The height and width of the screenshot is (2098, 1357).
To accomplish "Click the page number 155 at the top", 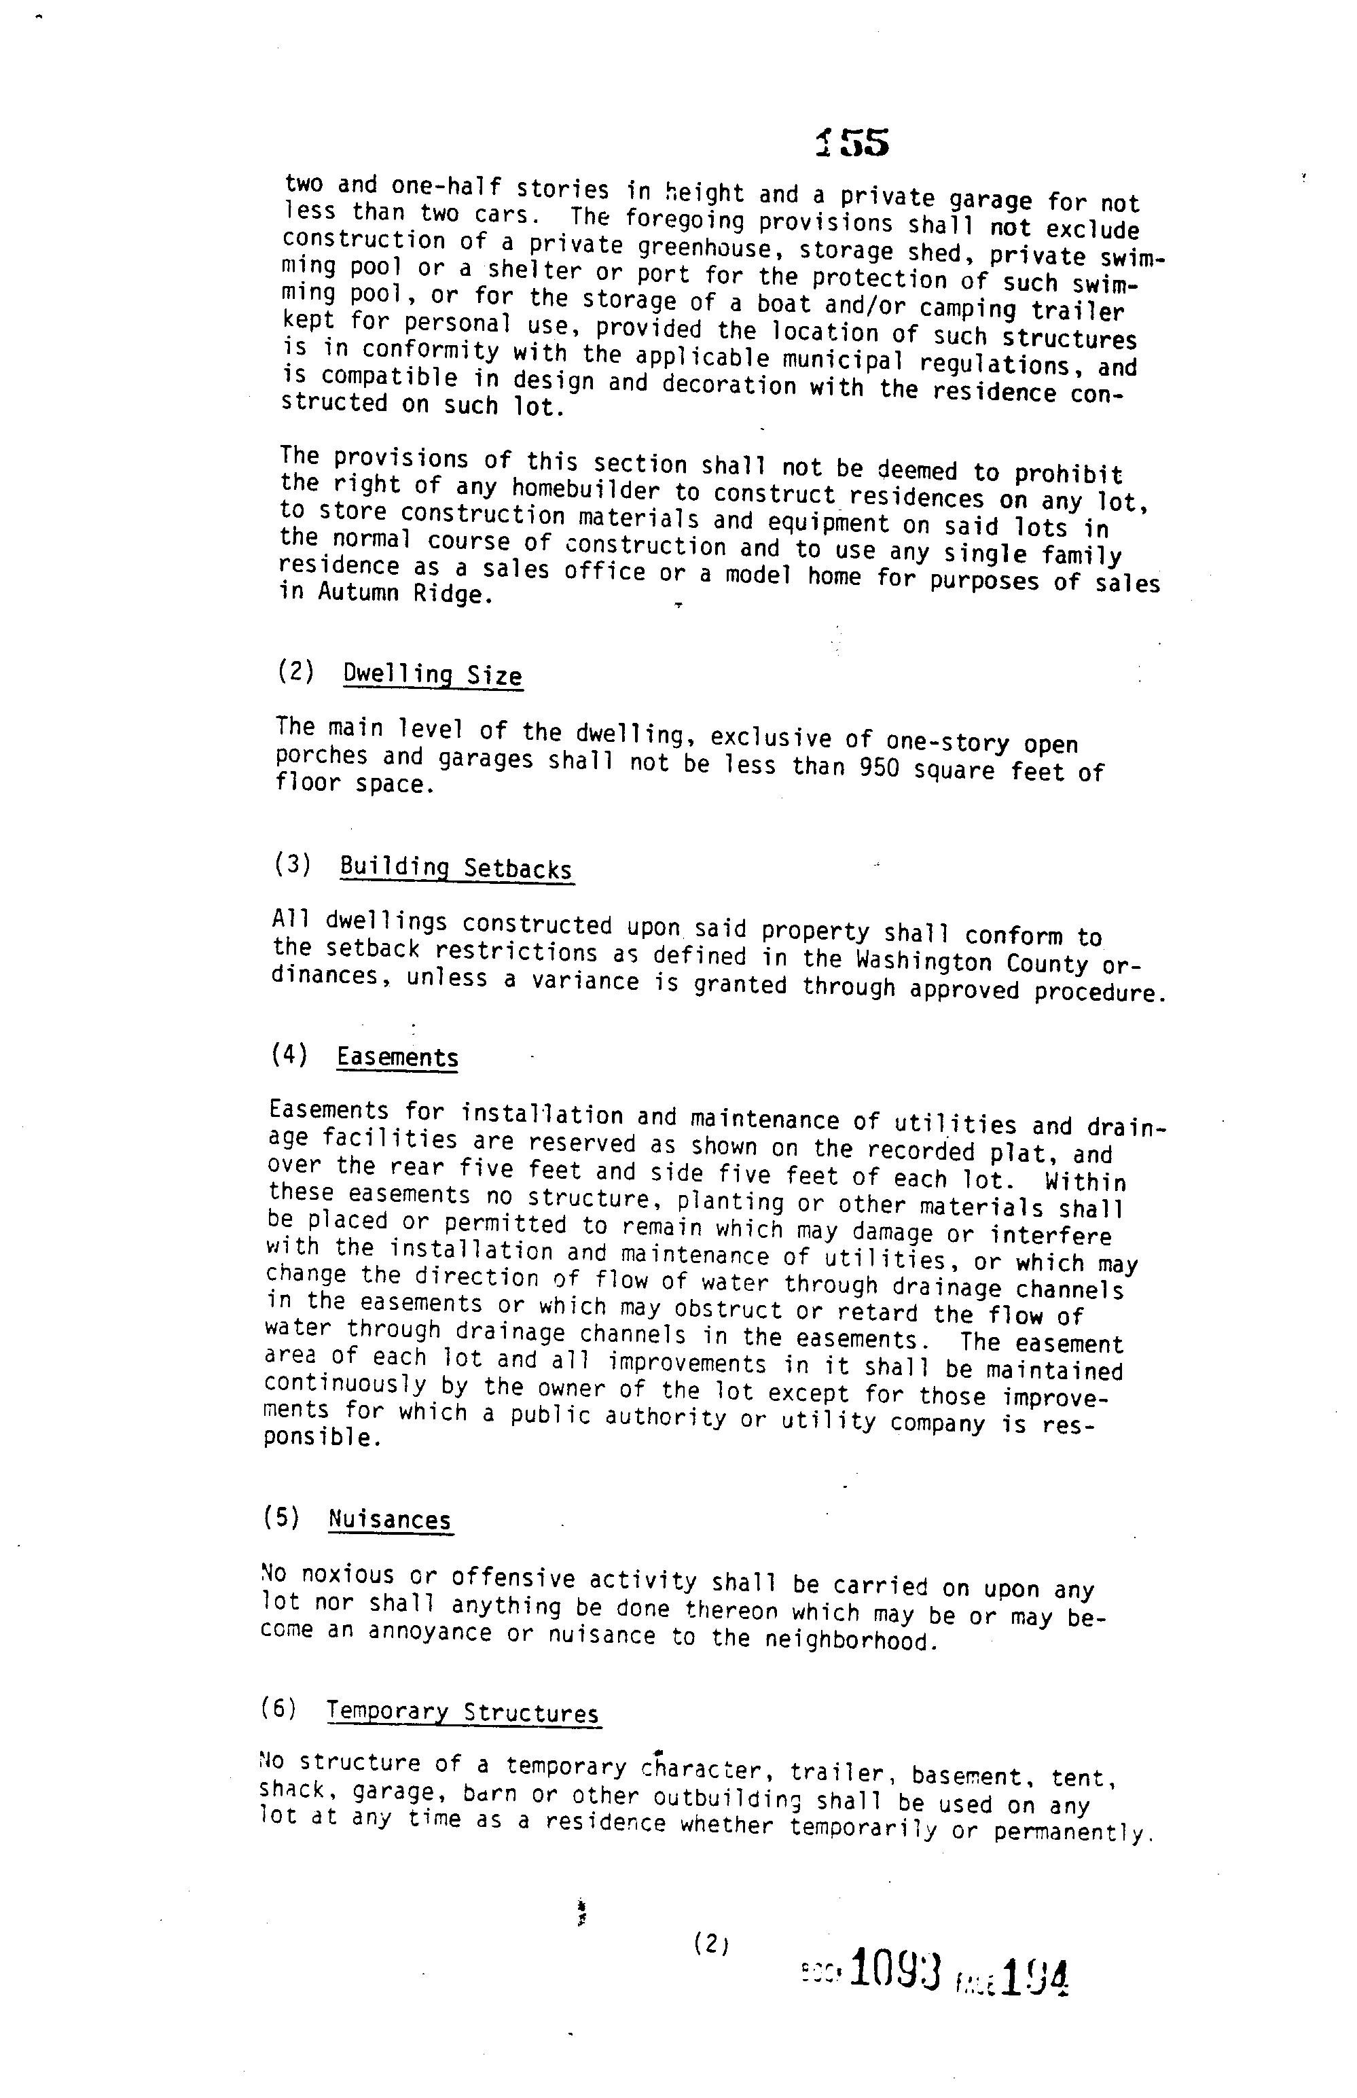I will click(852, 143).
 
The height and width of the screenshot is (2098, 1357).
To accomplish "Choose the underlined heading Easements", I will click(397, 1057).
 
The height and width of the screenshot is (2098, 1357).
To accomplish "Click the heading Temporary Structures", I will click(463, 1713).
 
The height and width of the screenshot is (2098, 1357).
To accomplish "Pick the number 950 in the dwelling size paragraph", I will click(880, 768).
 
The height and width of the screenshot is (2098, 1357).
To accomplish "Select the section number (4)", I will click(290, 1054).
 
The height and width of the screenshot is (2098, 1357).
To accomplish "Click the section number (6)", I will click(279, 1709).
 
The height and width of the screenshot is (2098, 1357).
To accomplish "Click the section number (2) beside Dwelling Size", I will click(296, 672).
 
